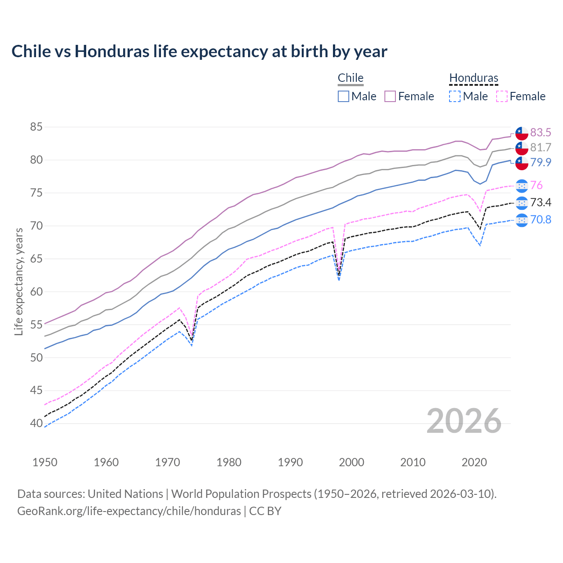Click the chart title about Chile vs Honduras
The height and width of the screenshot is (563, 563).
point(199,51)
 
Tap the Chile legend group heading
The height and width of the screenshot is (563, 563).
point(351,78)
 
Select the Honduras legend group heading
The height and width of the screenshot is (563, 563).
point(474,78)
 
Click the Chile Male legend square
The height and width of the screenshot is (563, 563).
point(344,96)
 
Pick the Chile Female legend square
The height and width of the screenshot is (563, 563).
point(390,96)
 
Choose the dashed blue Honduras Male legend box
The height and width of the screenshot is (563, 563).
point(455,96)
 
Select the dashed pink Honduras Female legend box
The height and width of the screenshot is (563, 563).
point(501,96)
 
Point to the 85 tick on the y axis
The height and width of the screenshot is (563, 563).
point(36,127)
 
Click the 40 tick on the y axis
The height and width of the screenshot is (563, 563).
point(36,424)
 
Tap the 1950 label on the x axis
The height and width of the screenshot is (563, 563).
point(45,462)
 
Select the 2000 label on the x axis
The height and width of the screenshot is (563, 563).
point(351,462)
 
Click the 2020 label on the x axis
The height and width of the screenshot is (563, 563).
point(474,462)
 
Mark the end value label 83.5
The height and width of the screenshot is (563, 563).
point(541,133)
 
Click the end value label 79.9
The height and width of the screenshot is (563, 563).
point(541,163)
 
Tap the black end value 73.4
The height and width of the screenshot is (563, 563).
point(541,203)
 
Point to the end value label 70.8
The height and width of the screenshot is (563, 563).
point(541,219)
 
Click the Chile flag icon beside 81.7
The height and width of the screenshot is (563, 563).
point(522,148)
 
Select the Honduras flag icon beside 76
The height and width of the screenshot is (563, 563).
point(522,186)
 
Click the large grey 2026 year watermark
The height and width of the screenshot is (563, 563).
point(464,421)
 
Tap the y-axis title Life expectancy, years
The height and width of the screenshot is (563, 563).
point(19,281)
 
